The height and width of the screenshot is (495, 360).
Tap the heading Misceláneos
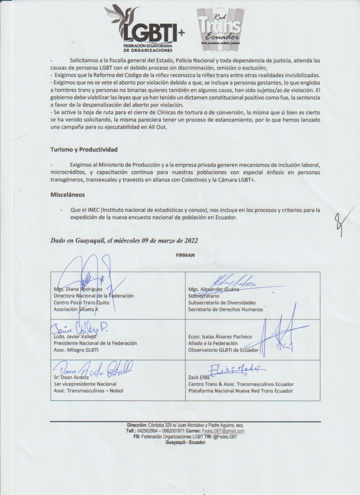pos(68,195)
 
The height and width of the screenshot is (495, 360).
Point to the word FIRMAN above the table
pos(186,255)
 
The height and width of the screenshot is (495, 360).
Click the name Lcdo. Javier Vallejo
pos(75,336)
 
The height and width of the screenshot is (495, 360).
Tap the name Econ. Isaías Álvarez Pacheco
pos(220,336)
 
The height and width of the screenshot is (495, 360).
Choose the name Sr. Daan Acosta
pos(72,377)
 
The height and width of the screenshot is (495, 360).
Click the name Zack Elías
pos(200,378)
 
